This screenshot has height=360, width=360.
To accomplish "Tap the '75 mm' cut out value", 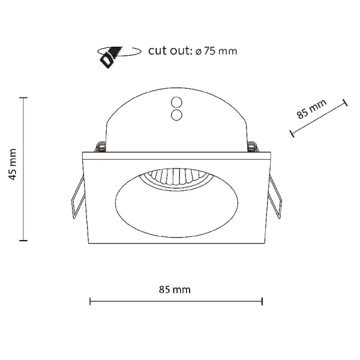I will (x=220, y=51).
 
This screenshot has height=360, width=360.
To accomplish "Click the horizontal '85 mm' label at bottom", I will (x=175, y=289).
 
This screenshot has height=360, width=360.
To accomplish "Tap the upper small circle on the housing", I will (x=177, y=102).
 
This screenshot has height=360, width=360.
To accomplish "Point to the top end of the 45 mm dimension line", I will (x=24, y=97).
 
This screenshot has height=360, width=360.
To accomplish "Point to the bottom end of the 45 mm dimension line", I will (x=24, y=241).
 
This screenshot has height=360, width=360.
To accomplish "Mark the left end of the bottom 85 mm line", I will (x=90, y=301).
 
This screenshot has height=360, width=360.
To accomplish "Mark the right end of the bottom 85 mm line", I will (x=263, y=301).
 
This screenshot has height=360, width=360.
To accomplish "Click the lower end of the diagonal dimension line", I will (x=291, y=133).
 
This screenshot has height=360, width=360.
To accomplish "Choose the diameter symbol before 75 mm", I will (x=197, y=52).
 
